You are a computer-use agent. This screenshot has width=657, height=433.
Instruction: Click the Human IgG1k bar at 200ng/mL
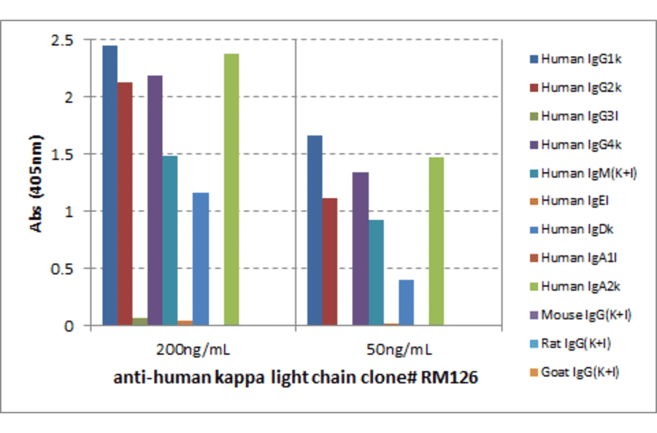(x=109, y=186)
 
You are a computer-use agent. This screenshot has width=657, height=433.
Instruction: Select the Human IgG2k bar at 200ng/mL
(x=125, y=204)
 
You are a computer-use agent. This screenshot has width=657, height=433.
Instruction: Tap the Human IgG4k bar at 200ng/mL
(x=155, y=200)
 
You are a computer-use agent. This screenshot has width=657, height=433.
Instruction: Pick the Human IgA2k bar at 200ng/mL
(x=231, y=190)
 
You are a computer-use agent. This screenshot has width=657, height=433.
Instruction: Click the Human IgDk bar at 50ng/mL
(x=406, y=303)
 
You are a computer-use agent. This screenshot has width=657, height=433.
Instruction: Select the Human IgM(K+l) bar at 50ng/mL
(x=376, y=273)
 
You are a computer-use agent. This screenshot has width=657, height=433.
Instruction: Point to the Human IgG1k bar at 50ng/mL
(x=315, y=230)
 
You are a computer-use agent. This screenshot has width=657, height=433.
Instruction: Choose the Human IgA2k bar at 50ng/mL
(x=436, y=241)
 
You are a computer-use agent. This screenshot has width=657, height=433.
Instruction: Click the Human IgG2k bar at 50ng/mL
(x=330, y=262)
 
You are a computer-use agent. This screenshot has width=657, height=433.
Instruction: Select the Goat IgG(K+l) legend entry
(x=581, y=372)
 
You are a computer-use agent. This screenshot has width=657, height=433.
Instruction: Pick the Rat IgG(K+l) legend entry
(x=581, y=344)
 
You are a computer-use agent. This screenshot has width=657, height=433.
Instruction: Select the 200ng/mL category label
(x=193, y=350)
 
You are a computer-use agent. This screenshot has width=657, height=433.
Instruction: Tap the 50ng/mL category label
(x=398, y=350)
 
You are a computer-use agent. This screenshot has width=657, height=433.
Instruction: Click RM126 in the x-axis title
(x=453, y=378)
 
